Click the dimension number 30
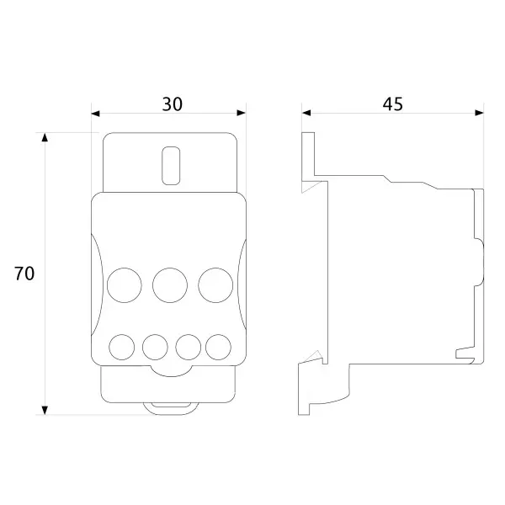(172, 104)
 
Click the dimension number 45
(392, 104)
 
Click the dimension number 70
(24, 274)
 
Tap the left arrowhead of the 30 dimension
(96, 113)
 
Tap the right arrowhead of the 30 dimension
(242, 113)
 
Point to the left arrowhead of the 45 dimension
(306, 113)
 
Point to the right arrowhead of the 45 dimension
(479, 113)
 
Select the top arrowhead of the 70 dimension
(45, 137)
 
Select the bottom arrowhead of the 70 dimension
(45, 410)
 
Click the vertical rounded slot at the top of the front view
(171, 166)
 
